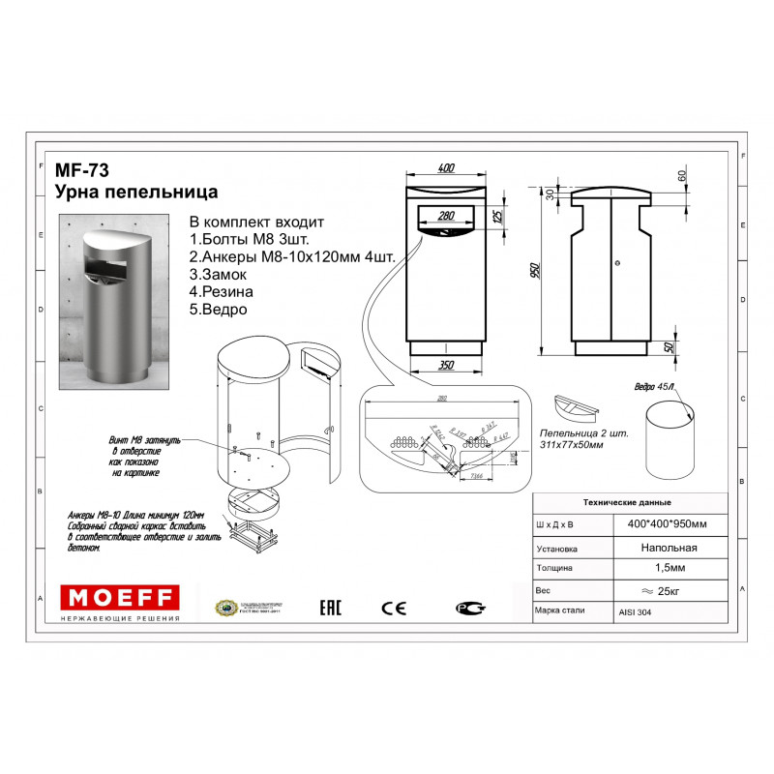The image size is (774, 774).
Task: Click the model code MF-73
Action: click(81, 171)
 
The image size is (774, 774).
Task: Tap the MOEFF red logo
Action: click(119, 595)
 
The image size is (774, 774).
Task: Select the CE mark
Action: click(394, 608)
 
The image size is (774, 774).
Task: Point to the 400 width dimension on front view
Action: click(446, 168)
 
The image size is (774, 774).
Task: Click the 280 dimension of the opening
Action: click(446, 215)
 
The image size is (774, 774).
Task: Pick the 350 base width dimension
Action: click(445, 365)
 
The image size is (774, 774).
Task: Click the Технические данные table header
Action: click(628, 503)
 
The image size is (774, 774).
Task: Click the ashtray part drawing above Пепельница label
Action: click(577, 403)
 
